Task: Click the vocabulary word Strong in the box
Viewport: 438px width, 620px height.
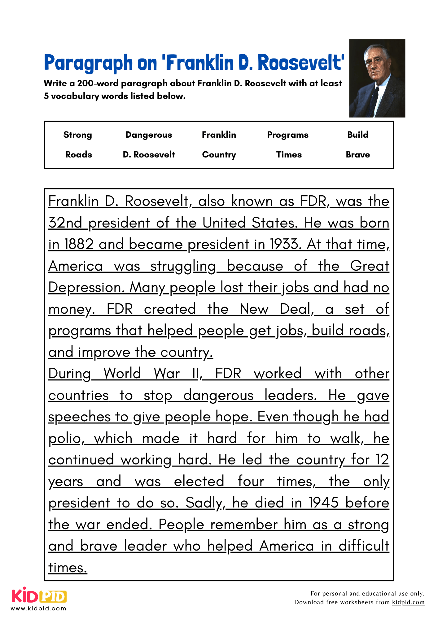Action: pos(77,135)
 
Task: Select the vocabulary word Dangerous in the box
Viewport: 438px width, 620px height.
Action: pos(149,135)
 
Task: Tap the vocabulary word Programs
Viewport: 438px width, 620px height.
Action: pos(288,135)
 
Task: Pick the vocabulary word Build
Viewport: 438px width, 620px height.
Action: pos(358,135)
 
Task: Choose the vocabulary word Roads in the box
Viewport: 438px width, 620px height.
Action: pos(79,154)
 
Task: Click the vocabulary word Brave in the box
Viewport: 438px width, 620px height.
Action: pos(358,154)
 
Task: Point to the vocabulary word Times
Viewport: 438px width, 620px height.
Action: pos(289,154)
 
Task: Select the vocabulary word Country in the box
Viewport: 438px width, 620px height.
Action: pos(219,154)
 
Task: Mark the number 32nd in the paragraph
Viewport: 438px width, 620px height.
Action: pos(65,223)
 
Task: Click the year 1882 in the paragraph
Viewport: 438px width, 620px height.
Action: pos(79,244)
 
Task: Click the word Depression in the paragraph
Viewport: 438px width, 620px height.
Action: pos(84,287)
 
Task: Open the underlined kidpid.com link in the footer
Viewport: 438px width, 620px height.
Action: pos(408,602)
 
